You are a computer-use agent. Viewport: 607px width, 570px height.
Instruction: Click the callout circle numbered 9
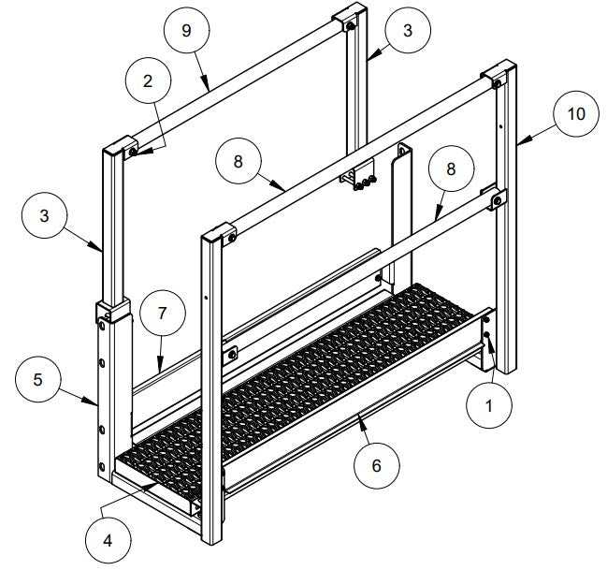[186, 30]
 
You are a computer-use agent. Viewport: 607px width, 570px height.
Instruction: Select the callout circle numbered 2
[147, 80]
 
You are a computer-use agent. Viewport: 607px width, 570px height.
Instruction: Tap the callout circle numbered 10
[576, 114]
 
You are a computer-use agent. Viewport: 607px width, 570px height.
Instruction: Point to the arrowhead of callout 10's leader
[516, 142]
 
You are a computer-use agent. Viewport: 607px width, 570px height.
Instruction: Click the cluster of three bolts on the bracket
[360, 181]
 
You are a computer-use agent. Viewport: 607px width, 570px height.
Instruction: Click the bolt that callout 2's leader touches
[133, 152]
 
